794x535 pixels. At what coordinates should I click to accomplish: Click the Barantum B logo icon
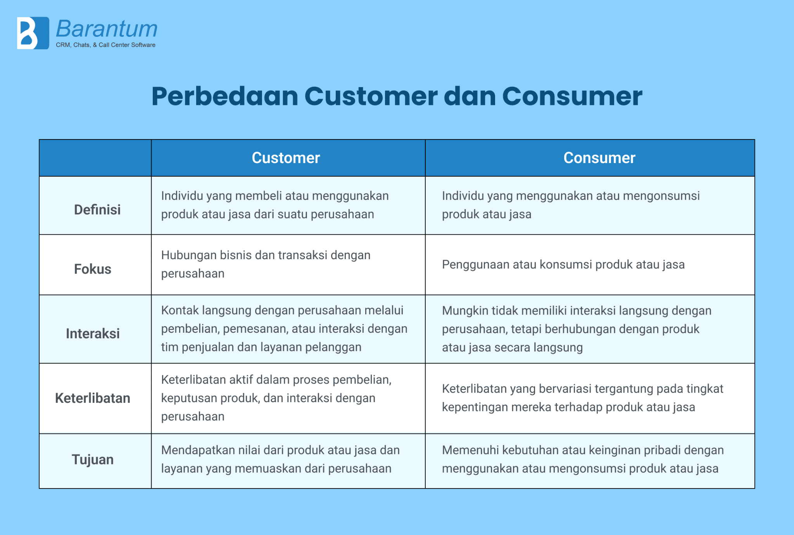click(x=33, y=33)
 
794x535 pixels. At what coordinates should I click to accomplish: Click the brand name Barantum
click(x=107, y=29)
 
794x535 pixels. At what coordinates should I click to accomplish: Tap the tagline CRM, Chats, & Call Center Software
click(x=105, y=45)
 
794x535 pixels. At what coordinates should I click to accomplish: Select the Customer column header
click(x=286, y=158)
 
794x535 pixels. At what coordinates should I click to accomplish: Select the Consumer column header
click(x=599, y=158)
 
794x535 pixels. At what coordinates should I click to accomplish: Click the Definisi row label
click(x=97, y=210)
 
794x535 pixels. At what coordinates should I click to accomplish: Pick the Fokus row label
click(x=93, y=269)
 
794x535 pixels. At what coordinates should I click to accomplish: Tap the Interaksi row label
click(x=93, y=333)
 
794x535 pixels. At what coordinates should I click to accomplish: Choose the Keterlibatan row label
click(x=93, y=398)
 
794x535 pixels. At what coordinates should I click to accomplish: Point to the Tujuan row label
click(x=93, y=459)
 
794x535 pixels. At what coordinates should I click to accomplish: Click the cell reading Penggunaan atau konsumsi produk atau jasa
click(x=563, y=265)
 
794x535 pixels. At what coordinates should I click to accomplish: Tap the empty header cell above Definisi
click(x=95, y=158)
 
